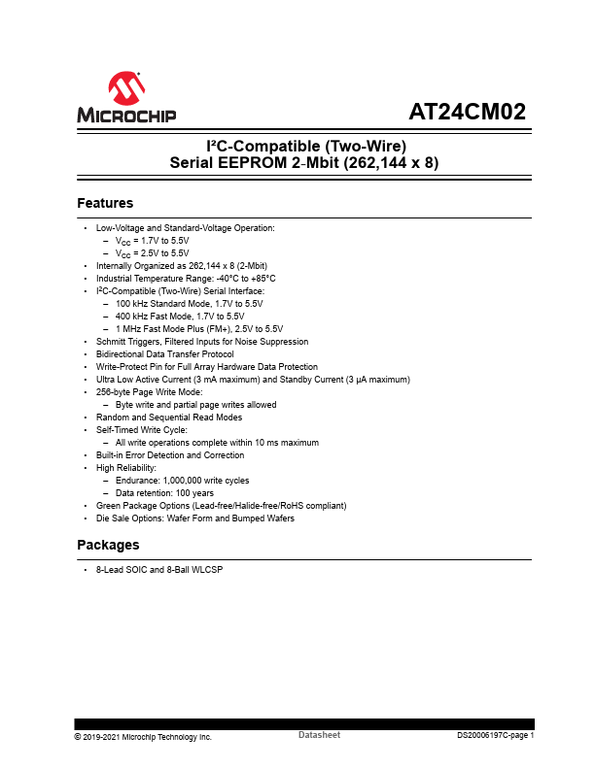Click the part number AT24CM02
click(467, 112)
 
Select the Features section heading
click(105, 204)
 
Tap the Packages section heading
click(108, 545)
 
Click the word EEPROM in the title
click(257, 163)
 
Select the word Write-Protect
click(121, 366)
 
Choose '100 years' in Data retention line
click(194, 492)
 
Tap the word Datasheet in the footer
click(319, 736)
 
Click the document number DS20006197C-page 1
click(496, 736)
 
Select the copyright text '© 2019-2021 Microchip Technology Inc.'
click(143, 737)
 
